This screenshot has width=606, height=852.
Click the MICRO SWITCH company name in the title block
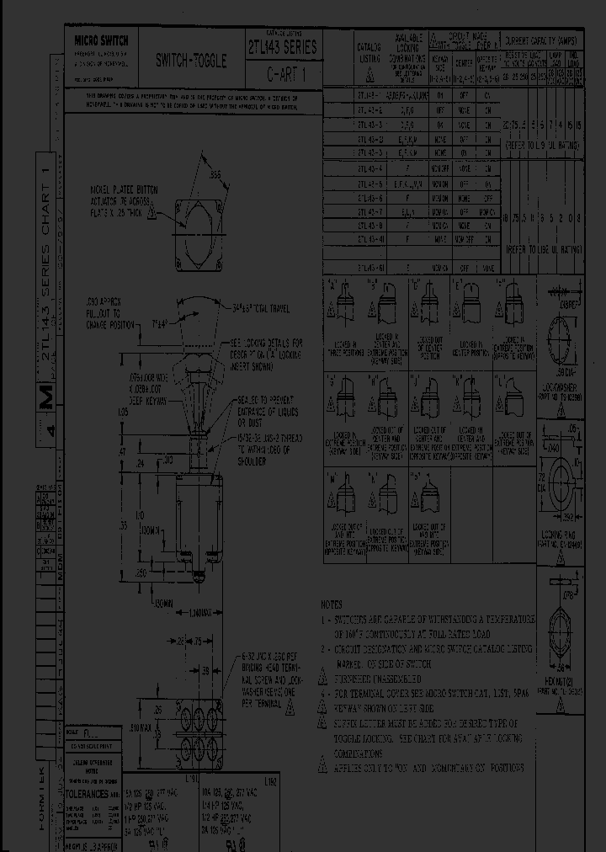(98, 40)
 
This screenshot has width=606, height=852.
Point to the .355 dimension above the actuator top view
(216, 174)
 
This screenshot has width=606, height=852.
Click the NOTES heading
(332, 604)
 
